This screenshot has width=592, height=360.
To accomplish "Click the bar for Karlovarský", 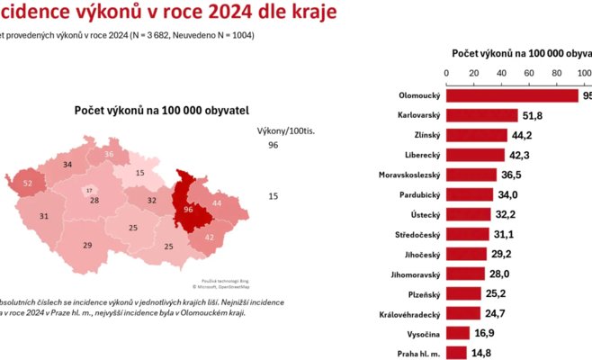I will [482, 115].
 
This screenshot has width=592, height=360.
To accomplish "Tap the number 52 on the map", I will [28, 183].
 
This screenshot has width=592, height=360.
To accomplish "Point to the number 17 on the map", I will [89, 190].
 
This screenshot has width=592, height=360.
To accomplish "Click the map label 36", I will [109, 154].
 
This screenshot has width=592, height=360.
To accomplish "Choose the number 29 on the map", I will [87, 245].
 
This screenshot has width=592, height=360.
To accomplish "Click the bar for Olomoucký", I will [513, 95].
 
